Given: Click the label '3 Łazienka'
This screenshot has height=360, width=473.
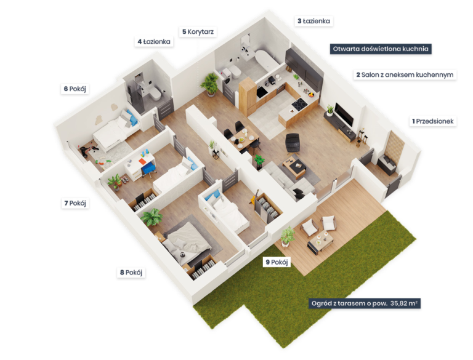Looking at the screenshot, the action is tap(313, 21).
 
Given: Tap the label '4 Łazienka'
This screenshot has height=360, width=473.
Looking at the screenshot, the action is tap(154, 42).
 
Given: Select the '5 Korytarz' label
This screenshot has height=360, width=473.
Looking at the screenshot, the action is tap(198, 31).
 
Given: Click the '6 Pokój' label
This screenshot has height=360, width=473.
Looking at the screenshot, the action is tap(75, 89).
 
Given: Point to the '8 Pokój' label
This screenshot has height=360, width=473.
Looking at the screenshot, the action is tap(131, 273).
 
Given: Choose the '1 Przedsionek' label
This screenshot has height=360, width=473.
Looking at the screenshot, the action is tap(433, 121).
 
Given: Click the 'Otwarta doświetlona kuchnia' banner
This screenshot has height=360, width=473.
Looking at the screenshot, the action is tap(381, 49).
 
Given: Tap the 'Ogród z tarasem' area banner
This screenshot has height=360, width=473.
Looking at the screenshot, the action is tap(365, 303).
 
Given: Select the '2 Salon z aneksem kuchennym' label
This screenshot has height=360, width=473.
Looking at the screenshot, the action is tap(405, 75).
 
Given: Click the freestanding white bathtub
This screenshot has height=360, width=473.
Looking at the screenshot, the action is tap(266, 61).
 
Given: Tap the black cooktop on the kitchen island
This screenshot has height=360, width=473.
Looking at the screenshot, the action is tap(299, 104).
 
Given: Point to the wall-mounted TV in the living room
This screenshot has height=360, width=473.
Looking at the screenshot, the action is tap(344, 114).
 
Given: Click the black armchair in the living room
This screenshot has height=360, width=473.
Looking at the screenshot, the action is tap(293, 143).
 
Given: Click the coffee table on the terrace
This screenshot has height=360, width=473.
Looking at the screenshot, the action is tap(320, 241).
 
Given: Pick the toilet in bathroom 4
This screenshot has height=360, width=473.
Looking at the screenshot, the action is tap(156, 93).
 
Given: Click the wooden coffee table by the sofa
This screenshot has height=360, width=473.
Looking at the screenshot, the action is tap(294, 167).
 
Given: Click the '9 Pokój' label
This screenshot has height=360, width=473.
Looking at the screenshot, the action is tap(277, 262).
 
